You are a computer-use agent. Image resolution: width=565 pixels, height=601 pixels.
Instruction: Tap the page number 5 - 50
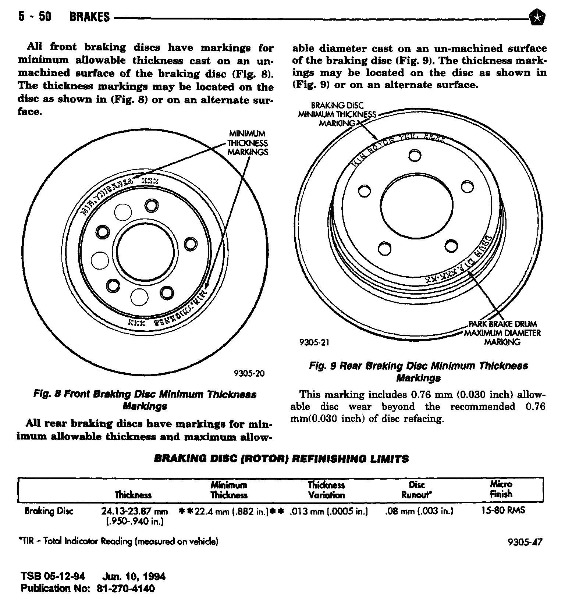(35, 17)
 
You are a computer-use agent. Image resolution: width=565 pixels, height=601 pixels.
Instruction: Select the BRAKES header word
(89, 17)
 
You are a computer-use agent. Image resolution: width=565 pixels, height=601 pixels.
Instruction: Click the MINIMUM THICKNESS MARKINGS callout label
(248, 143)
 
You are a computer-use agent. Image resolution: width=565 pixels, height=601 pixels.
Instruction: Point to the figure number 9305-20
(249, 374)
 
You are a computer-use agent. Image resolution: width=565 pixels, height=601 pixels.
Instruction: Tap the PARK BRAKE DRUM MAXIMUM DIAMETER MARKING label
(502, 333)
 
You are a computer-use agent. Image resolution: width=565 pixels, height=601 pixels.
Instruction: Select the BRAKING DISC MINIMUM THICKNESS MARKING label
(337, 114)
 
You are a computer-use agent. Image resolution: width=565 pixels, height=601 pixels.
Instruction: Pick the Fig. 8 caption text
(145, 400)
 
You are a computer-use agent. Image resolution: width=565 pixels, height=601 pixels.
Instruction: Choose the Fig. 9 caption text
(418, 372)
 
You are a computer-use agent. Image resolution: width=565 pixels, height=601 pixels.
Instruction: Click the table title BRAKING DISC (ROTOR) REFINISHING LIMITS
(281, 459)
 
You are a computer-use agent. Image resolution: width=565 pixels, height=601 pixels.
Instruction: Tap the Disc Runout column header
(416, 490)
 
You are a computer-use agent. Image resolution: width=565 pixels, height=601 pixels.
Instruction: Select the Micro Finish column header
(501, 489)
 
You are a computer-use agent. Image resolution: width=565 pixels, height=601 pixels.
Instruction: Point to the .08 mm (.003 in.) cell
(419, 511)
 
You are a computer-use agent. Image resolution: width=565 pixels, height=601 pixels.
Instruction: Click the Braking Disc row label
(49, 511)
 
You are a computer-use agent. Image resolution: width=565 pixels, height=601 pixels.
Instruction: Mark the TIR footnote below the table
(118, 541)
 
